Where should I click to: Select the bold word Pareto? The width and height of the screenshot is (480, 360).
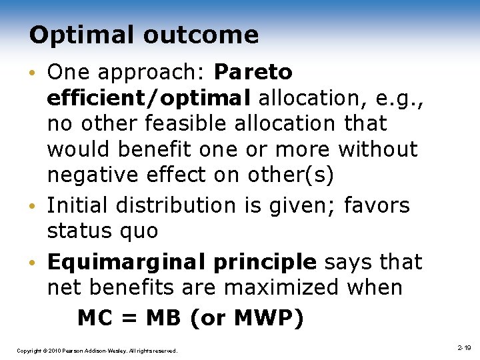tap(254, 71)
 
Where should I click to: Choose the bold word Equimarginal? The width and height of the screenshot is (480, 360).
tap(119, 262)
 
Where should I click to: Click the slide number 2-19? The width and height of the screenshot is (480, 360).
tap(464, 348)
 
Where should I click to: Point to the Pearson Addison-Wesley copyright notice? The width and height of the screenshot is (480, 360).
tap(97, 350)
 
